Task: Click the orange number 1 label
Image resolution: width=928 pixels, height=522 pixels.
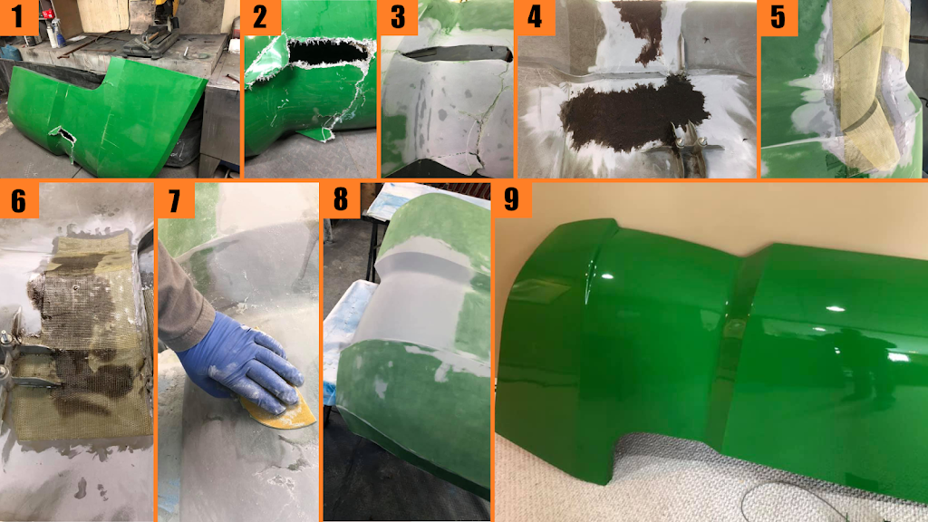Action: coord(19,18)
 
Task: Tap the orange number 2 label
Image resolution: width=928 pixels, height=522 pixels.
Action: coord(262,18)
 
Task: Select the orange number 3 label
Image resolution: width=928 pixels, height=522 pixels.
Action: coord(399,18)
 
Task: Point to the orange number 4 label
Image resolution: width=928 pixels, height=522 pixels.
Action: coord(535,18)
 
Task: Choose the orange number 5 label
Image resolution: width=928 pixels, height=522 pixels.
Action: coord(778,18)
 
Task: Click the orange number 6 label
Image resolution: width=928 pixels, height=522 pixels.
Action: coord(19,200)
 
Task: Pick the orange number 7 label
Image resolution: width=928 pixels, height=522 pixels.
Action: coord(176,200)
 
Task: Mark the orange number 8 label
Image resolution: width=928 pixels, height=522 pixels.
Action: coord(341,200)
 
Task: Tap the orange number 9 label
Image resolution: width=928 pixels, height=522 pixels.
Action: coord(513,200)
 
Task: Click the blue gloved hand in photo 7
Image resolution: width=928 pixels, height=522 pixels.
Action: coord(243,364)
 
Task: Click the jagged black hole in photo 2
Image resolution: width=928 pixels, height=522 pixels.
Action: coord(327,52)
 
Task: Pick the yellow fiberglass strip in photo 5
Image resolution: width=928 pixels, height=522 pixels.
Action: coord(867,89)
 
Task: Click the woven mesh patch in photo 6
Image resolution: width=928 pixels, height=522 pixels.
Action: coord(82,337)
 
